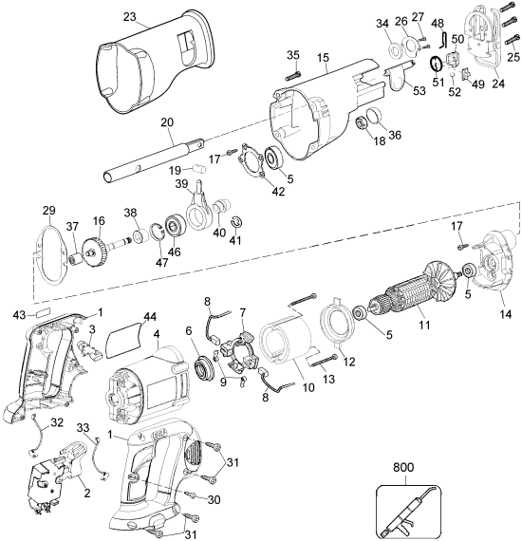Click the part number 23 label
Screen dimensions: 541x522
(x=130, y=16)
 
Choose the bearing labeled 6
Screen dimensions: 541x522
(x=203, y=368)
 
